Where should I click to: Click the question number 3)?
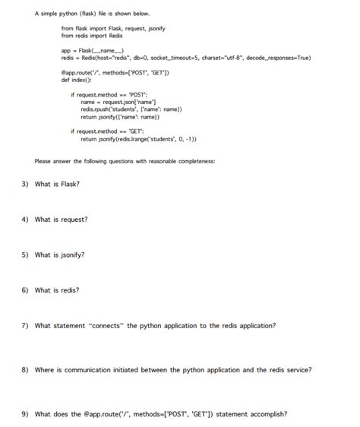pos(24,184)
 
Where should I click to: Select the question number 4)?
pos(24,220)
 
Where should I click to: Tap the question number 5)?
pos(24,255)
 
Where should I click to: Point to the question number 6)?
pos(24,290)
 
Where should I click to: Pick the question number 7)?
pos(24,325)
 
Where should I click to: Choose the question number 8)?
pos(24,370)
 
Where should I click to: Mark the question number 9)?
pos(24,414)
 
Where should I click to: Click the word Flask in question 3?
pos(70,184)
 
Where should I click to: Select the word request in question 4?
pos(74,220)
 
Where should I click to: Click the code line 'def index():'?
pos(76,79)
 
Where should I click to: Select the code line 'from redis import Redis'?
pos(91,35)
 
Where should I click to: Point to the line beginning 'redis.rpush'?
pos(131,109)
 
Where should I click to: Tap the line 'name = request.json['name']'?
pos(120,102)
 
